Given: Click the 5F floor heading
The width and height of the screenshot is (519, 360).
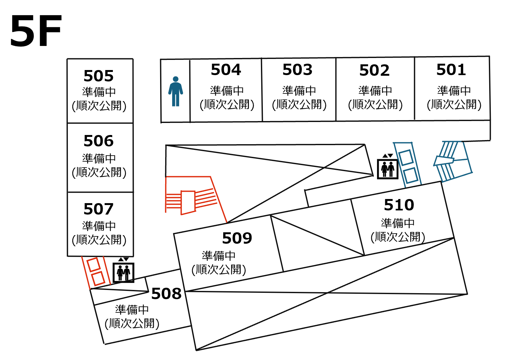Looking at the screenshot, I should tap(36, 31).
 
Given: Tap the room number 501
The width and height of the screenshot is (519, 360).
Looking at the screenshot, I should tap(451, 70).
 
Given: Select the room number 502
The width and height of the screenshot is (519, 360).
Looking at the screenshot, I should tap(374, 70).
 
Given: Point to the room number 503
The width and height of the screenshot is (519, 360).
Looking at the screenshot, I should tap(297, 70).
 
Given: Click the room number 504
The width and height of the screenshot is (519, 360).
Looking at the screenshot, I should tap(226, 70).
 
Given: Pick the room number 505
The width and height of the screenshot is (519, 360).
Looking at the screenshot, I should tap(99, 76).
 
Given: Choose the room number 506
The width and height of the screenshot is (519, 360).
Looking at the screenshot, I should tap(99, 141).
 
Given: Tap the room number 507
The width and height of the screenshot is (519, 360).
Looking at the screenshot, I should tap(99, 209).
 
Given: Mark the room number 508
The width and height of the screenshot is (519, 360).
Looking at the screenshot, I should tap(166, 294).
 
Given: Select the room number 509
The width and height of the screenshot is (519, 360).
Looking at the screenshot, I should tap(237, 238).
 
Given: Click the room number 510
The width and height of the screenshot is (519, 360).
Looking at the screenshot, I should tap(399, 205).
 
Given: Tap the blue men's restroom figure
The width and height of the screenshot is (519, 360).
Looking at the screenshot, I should tap(176, 91).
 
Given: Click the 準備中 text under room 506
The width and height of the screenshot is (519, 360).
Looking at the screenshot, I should tap(99, 158).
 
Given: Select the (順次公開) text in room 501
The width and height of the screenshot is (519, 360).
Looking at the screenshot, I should tap(454, 104).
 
